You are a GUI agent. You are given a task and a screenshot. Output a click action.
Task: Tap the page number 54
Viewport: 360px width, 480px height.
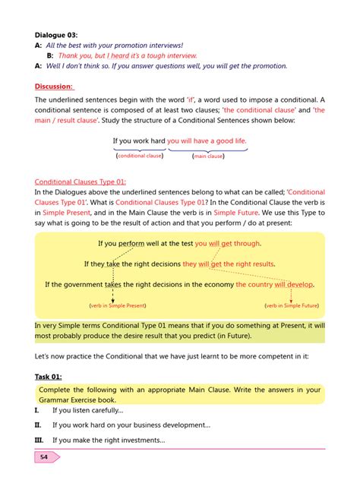pyautogui.click(x=44, y=457)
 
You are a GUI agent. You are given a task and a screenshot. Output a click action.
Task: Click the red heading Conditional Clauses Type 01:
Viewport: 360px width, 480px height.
pyautogui.click(x=81, y=182)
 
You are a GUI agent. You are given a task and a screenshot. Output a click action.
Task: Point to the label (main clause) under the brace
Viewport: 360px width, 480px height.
pyautogui.click(x=208, y=156)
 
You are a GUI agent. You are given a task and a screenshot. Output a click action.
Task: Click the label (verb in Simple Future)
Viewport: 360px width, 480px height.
pyautogui.click(x=290, y=305)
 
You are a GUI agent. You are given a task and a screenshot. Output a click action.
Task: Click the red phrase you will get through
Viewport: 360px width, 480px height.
pyautogui.click(x=227, y=244)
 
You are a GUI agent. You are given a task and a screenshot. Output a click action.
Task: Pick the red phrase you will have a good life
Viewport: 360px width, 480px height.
pyautogui.click(x=207, y=141)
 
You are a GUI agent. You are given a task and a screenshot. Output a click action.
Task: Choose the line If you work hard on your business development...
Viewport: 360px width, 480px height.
pyautogui.click(x=131, y=425)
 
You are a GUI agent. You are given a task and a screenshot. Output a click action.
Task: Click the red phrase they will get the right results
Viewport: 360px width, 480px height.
pyautogui.click(x=229, y=264)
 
